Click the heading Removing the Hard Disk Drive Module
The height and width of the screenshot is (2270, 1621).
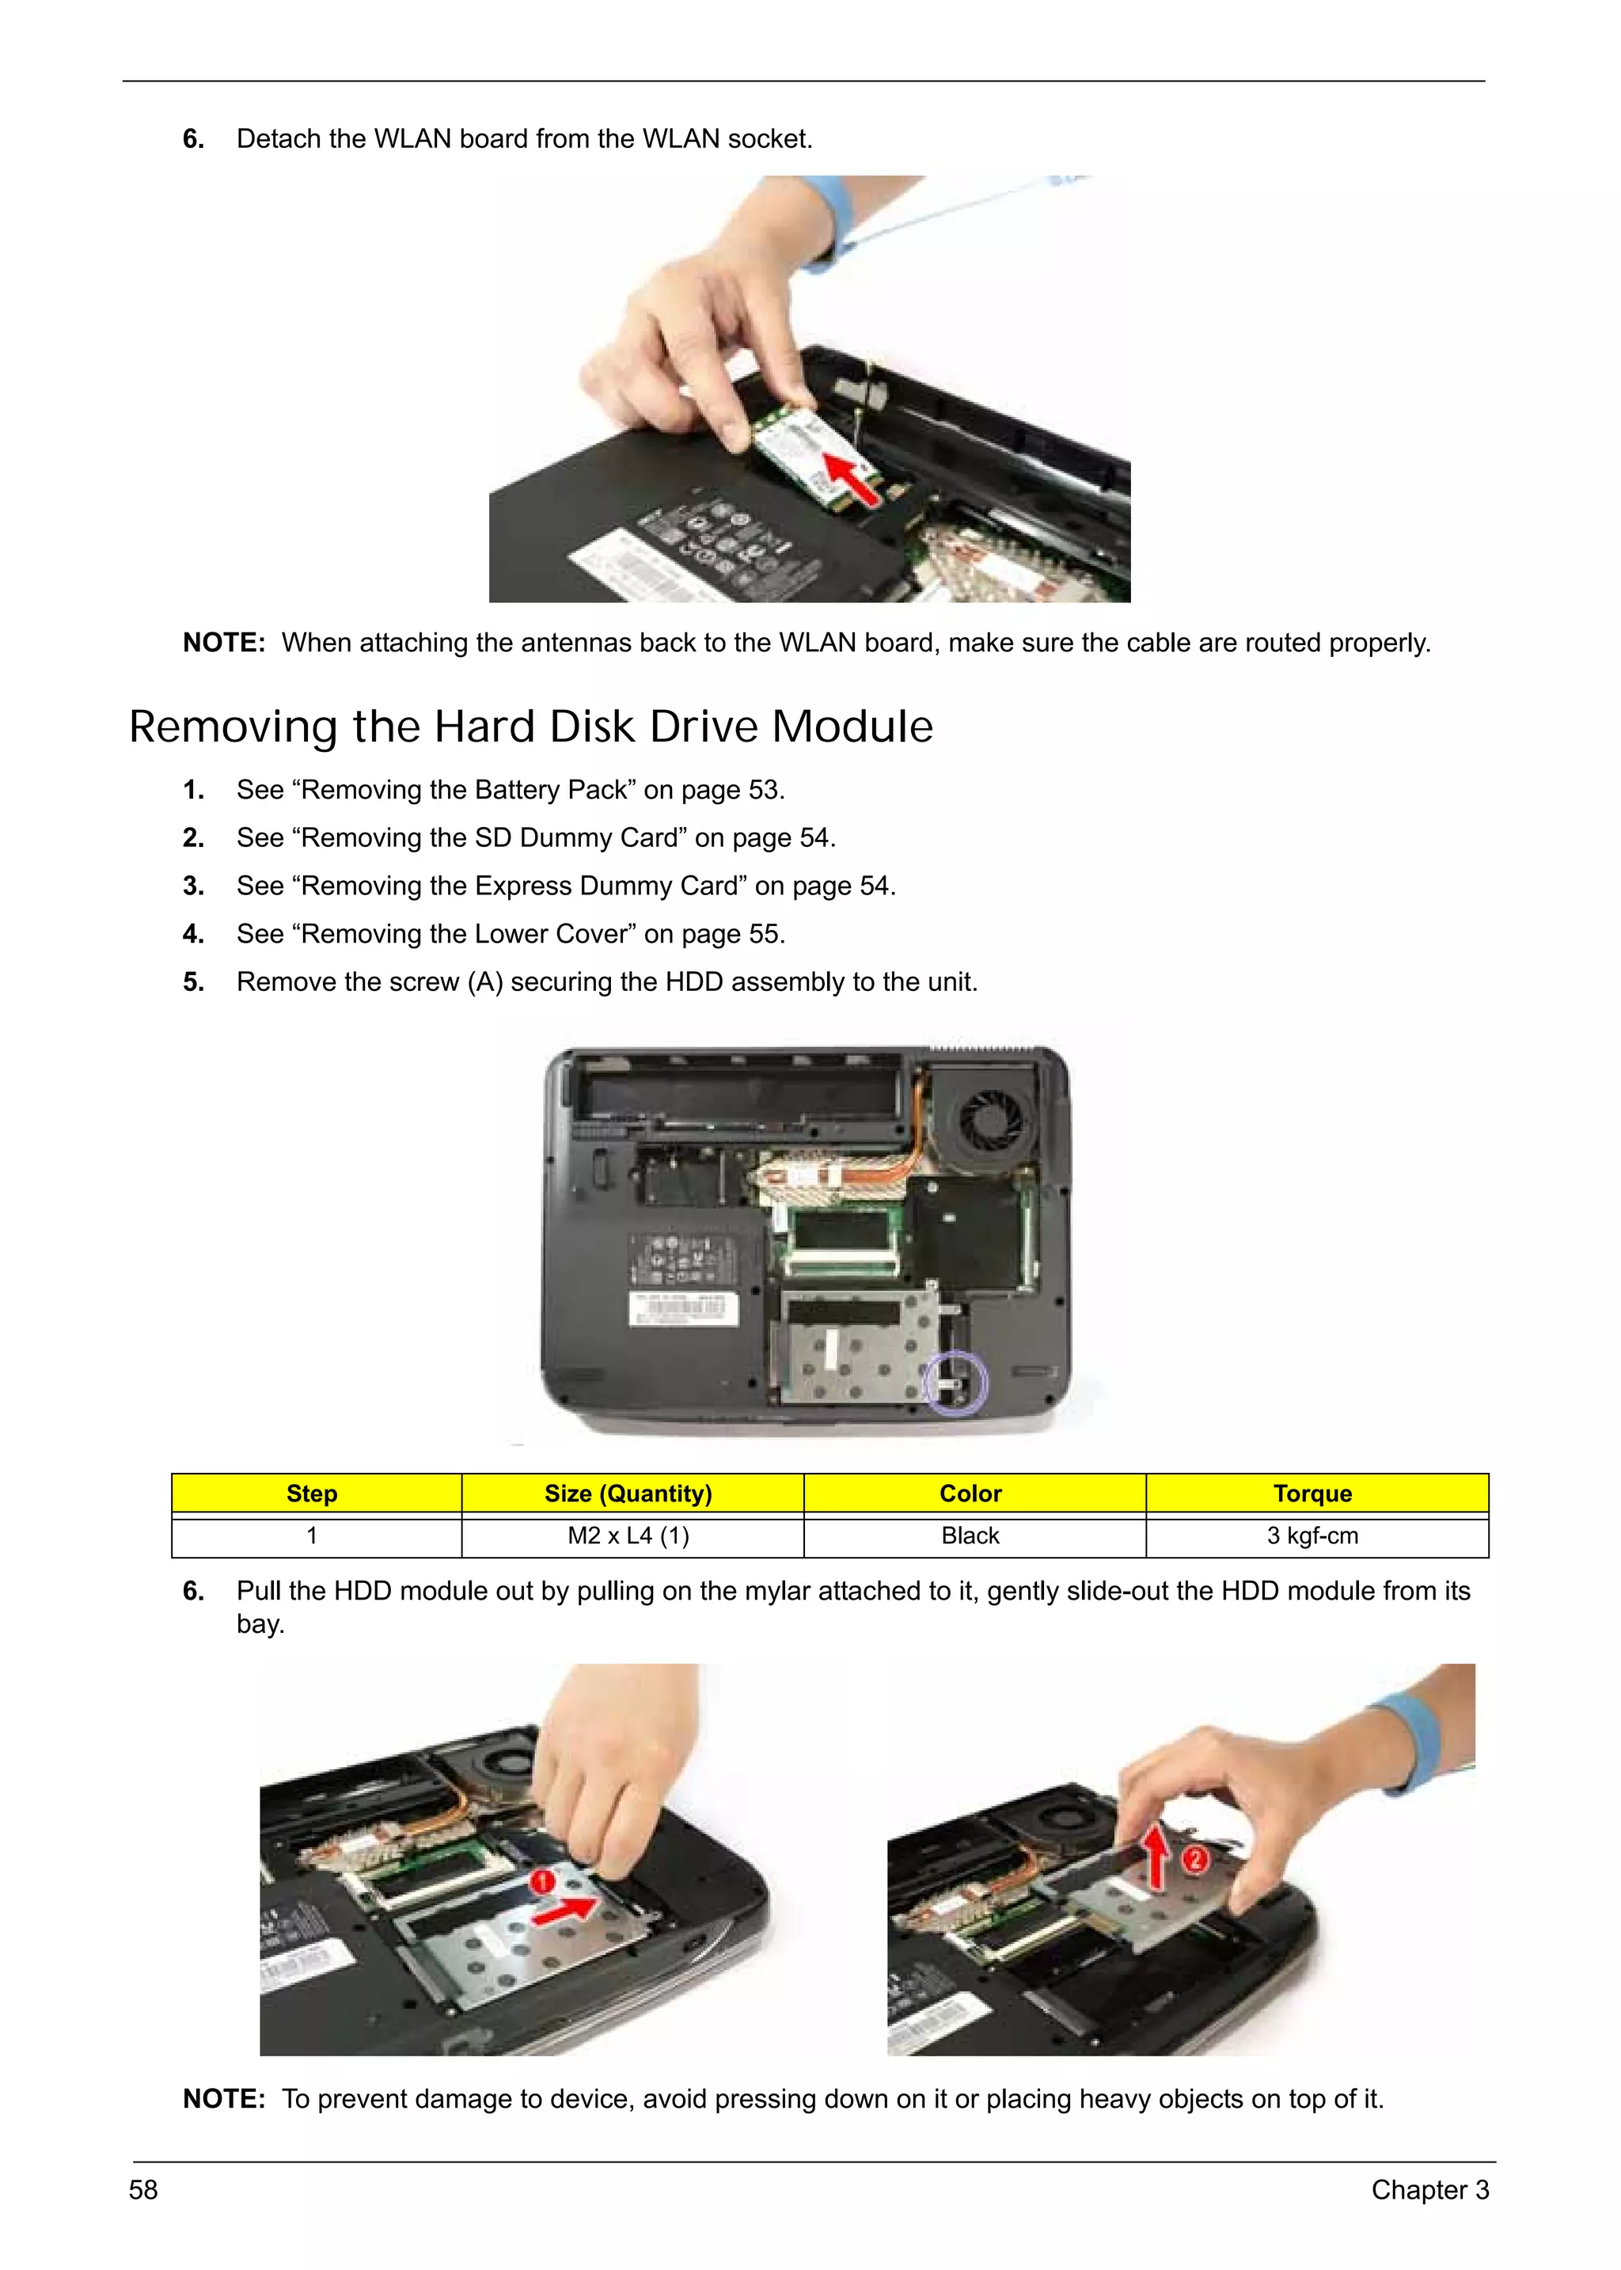pos(531,727)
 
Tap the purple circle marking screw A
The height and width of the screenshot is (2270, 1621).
pos(956,1382)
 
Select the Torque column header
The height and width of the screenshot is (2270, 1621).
pos(1312,1494)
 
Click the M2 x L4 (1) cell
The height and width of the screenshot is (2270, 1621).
pos(628,1535)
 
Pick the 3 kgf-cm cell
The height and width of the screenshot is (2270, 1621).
pos(1312,1535)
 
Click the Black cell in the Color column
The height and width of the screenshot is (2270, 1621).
pos(970,1535)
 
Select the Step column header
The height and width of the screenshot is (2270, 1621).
pos(311,1494)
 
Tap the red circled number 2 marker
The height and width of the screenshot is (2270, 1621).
pos(1195,1858)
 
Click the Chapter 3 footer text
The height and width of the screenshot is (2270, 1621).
pos(1429,2190)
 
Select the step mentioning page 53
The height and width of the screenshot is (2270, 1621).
pos(510,790)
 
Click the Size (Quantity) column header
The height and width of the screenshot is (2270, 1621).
pos(628,1494)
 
